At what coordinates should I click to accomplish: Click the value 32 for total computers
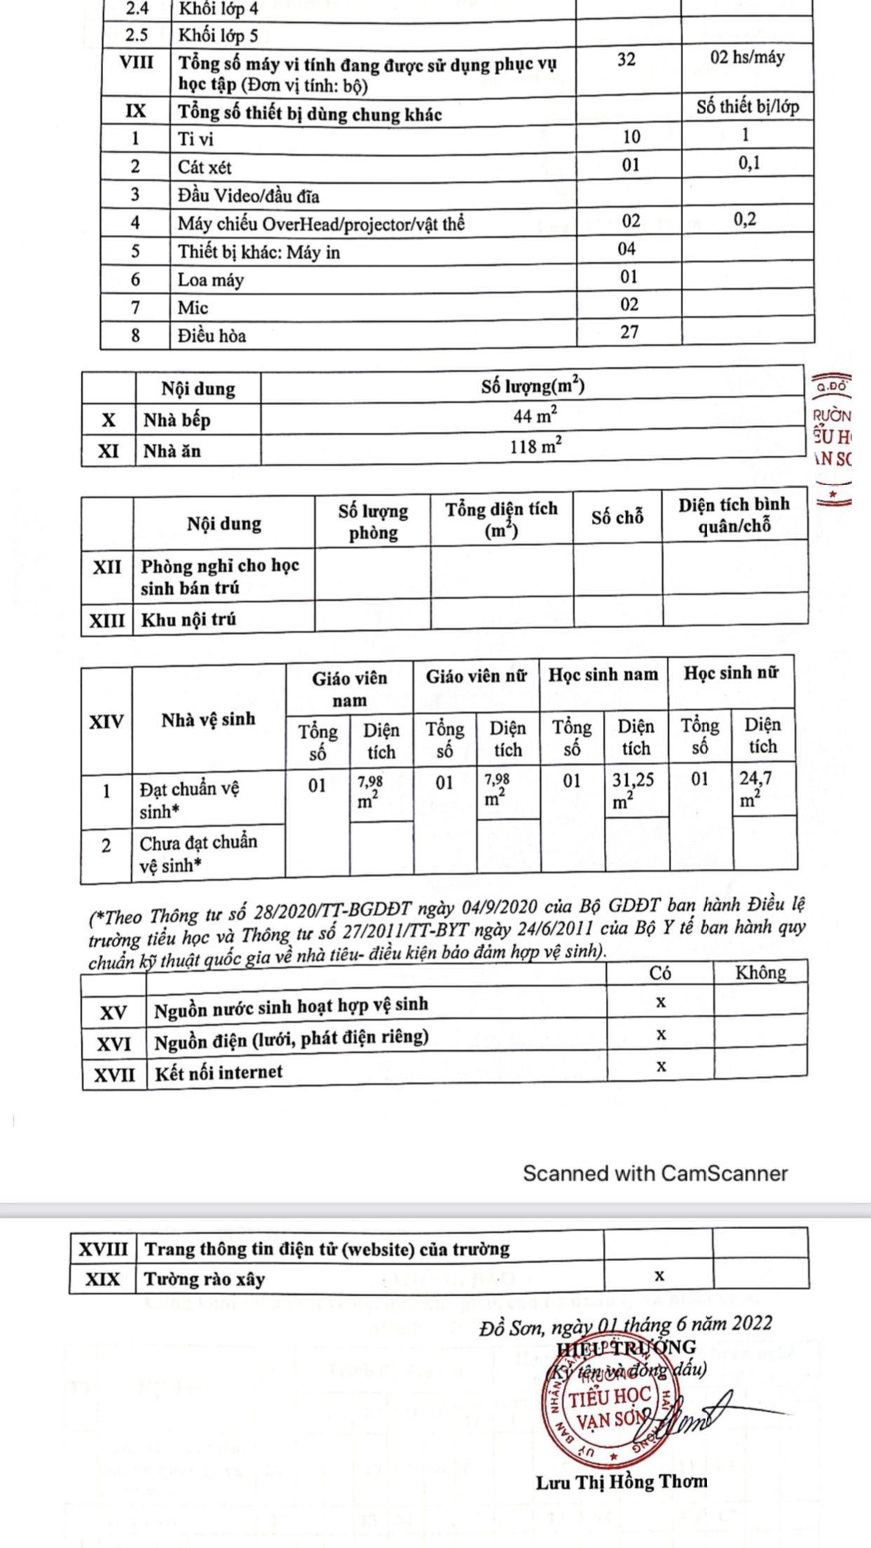[x=626, y=60]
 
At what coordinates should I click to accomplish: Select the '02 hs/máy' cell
[x=747, y=57]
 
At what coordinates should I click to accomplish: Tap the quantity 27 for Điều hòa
[x=629, y=332]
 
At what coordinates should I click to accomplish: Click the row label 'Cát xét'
[x=204, y=168]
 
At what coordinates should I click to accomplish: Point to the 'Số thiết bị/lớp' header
[x=747, y=107]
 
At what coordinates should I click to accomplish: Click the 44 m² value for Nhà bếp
[x=535, y=416]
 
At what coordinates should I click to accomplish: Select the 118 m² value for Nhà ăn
[x=535, y=446]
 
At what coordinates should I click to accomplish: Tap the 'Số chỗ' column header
[x=617, y=518]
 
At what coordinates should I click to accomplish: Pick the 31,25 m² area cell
[x=633, y=791]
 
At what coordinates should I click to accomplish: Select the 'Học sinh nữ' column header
[x=731, y=674]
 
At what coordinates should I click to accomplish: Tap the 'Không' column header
[x=760, y=972]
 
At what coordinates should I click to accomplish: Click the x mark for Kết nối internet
[x=661, y=1066]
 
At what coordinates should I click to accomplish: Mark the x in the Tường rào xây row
[x=659, y=1276]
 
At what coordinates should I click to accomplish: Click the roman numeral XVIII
[x=103, y=1249]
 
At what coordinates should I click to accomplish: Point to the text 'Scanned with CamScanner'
[x=655, y=1174]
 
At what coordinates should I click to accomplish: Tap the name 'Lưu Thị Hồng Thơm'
[x=621, y=1482]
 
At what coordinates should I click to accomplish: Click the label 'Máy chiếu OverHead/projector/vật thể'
[x=320, y=224]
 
